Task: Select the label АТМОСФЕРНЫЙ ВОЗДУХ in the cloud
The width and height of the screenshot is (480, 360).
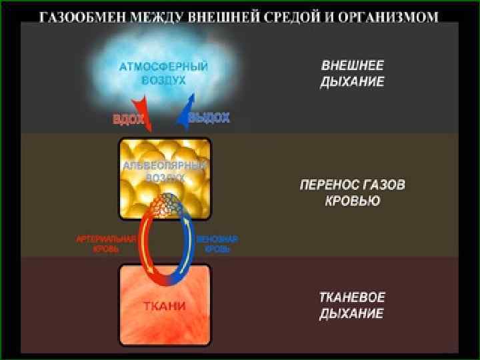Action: tap(164, 73)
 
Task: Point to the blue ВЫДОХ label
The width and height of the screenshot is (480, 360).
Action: tap(209, 118)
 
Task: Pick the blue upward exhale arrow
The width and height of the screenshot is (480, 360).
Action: tap(185, 109)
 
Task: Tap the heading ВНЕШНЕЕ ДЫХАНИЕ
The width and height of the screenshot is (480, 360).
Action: tap(353, 74)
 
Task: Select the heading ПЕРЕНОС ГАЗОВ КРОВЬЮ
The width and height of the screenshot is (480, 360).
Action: tap(351, 192)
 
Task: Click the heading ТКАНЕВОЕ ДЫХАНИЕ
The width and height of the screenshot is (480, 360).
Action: tap(353, 305)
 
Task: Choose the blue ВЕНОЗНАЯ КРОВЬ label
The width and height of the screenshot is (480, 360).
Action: tap(217, 243)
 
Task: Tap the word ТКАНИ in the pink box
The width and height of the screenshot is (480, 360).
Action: tap(165, 307)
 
